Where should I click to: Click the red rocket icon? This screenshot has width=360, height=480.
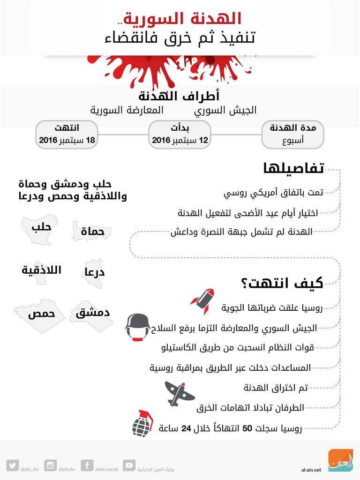click(x=202, y=301)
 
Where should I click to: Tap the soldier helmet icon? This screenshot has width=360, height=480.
click(x=138, y=326)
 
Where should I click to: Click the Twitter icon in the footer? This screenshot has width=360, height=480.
click(x=13, y=465)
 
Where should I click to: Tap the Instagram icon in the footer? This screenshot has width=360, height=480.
click(x=50, y=465)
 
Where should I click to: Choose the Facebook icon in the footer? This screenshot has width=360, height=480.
click(x=87, y=465)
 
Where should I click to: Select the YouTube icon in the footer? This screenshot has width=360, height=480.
click(x=129, y=465)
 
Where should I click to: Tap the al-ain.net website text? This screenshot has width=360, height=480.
click(x=311, y=469)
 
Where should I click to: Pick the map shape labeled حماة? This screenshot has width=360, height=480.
click(x=91, y=231)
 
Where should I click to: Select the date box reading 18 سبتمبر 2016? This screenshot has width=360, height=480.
click(x=67, y=135)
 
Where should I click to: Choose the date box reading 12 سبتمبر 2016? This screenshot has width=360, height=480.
click(x=180, y=135)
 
